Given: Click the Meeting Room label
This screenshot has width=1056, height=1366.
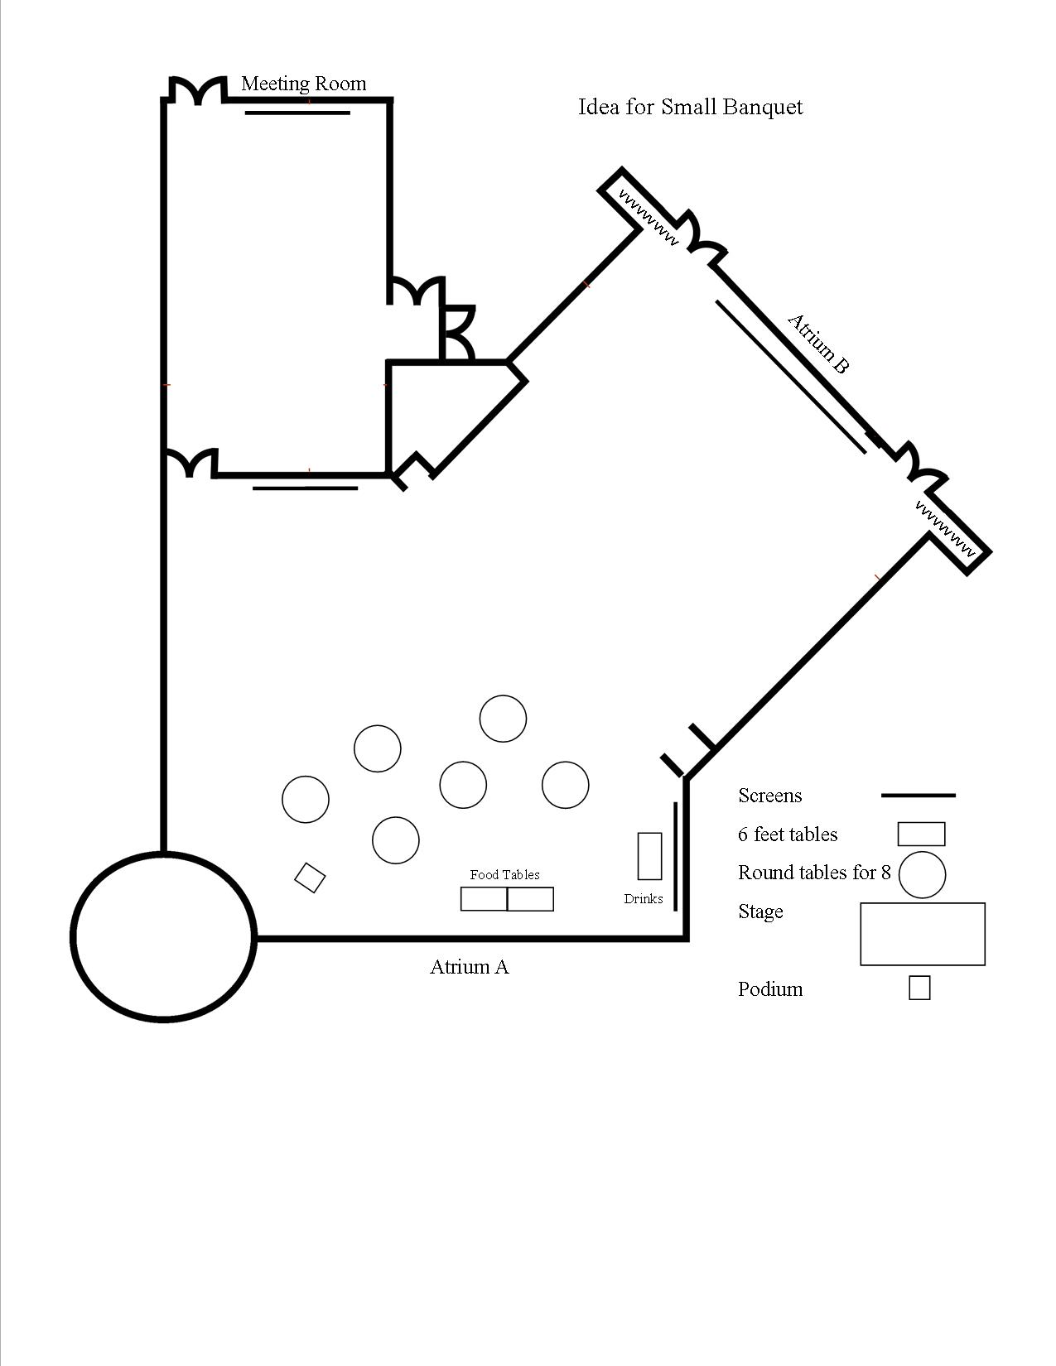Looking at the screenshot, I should tap(303, 84).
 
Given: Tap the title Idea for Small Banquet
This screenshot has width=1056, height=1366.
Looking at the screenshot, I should tap(690, 107).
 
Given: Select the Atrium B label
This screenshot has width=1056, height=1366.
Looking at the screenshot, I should tap(818, 343).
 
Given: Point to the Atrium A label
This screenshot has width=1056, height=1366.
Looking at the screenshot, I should tap(469, 966).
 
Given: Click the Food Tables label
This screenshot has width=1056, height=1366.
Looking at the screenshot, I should tap(504, 874).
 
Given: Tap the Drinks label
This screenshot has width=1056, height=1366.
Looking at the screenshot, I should tap(644, 898).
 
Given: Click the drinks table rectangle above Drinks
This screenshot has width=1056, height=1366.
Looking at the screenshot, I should tap(649, 856).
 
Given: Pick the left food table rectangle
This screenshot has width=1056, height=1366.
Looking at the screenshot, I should tap(484, 899).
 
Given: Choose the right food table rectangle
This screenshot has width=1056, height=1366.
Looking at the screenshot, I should tap(530, 899).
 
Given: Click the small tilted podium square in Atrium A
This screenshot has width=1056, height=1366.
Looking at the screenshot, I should tap(310, 878).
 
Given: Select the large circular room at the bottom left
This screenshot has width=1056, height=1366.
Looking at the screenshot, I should tap(162, 936).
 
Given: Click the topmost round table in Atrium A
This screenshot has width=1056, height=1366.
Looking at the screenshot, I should tap(503, 719).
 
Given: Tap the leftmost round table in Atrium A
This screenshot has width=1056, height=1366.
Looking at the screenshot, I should tap(306, 800).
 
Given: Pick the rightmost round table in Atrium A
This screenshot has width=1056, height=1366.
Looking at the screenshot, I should tap(566, 784).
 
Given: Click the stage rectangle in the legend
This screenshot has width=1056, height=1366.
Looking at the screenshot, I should tap(923, 934).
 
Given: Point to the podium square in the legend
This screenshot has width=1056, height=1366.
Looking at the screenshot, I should tap(919, 988).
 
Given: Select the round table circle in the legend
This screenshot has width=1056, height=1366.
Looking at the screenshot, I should tap(922, 874).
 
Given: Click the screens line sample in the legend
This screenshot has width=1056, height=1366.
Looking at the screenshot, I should tap(918, 796).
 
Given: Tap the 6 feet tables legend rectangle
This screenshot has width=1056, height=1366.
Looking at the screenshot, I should tap(922, 834).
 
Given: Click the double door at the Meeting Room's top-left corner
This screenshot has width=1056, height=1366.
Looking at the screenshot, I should tap(197, 90).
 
